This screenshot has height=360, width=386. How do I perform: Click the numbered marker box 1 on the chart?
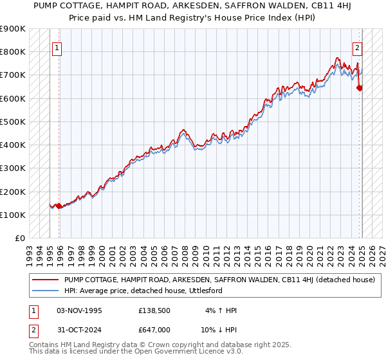[57, 47]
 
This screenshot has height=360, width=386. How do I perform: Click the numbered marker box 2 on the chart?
[357, 47]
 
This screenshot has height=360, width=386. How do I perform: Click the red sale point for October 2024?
[360, 88]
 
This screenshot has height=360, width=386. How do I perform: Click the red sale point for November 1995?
[59, 206]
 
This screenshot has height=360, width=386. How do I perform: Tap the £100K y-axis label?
[13, 215]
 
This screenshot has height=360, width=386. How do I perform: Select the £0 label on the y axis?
[20, 239]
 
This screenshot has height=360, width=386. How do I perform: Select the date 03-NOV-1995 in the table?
[79, 310]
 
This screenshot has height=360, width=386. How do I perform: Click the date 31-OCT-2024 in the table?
[79, 329]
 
